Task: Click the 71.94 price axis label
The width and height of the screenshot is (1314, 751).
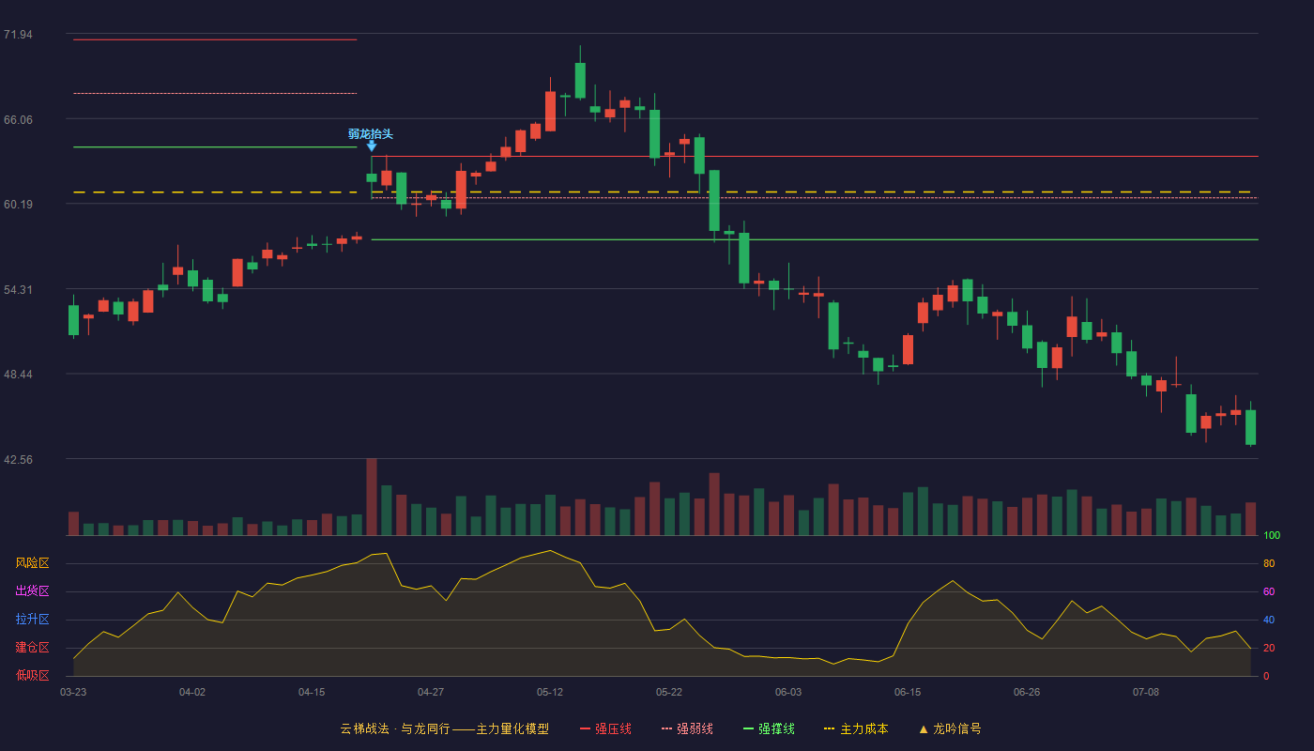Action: tap(18, 35)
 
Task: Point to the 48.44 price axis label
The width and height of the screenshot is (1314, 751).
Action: tap(18, 375)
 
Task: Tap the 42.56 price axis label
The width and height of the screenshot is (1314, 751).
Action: tap(18, 459)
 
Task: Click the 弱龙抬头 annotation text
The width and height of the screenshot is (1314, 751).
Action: tap(370, 133)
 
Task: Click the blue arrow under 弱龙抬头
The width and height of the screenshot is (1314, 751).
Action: tap(372, 146)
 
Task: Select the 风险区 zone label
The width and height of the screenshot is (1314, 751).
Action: tap(32, 562)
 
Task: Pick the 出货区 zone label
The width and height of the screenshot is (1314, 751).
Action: tap(32, 590)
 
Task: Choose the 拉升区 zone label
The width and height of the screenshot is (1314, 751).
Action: tap(32, 619)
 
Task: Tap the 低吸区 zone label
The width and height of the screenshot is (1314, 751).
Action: tap(32, 675)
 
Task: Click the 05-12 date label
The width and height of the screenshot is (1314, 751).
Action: tap(550, 693)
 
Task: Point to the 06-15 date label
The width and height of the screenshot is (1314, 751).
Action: tap(908, 693)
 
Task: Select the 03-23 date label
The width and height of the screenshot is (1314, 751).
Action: tap(73, 693)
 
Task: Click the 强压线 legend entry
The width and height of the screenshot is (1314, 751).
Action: tap(605, 728)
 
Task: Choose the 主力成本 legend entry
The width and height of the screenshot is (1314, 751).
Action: tap(856, 728)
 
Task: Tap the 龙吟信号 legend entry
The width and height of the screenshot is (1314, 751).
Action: tap(950, 728)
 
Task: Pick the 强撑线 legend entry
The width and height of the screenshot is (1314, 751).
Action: tap(769, 728)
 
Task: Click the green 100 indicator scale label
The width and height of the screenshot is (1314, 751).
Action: tap(1272, 535)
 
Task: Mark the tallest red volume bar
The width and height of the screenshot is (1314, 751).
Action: tap(372, 497)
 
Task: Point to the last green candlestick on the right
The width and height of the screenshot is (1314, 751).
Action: tap(1250, 427)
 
